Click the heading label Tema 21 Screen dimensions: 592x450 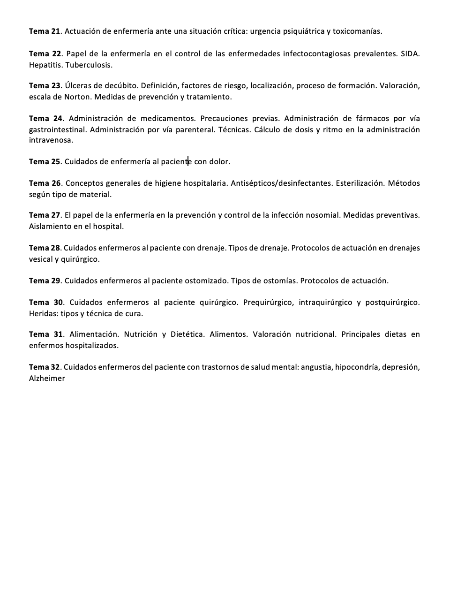[x=45, y=31]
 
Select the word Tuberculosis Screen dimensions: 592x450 [x=89, y=65]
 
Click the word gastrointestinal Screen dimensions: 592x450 [x=57, y=129]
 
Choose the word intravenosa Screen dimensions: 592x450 [x=51, y=140]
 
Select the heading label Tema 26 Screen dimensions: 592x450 [x=45, y=183]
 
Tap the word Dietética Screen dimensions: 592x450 [x=187, y=334]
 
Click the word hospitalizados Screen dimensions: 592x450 [x=91, y=346]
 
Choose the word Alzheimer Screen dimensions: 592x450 [x=47, y=379]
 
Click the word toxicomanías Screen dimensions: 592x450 [x=357, y=31]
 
